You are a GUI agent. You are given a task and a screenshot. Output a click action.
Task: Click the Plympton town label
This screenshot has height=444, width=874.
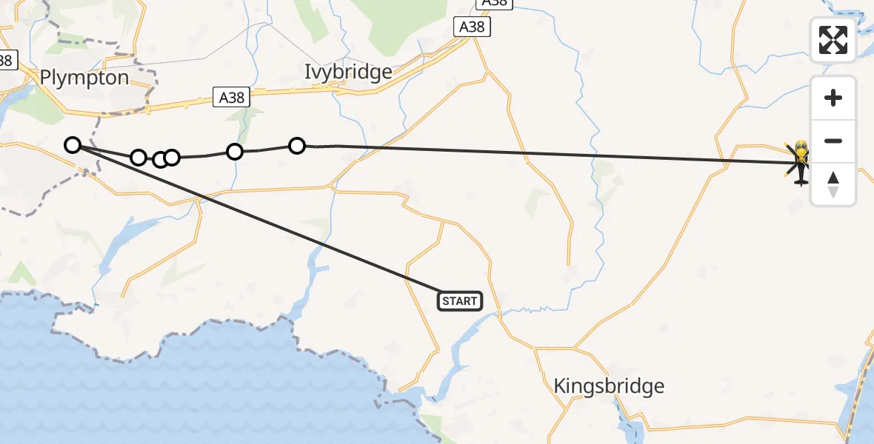84,78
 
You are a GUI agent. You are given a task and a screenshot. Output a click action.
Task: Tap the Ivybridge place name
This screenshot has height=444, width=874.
348,72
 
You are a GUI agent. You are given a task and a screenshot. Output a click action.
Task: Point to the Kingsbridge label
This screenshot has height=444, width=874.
609,386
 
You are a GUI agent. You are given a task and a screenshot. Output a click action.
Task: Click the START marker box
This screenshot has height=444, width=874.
460,301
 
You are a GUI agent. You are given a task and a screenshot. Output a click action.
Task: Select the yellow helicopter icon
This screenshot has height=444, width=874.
801,161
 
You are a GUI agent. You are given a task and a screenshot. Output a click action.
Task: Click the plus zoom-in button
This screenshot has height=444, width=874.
833,98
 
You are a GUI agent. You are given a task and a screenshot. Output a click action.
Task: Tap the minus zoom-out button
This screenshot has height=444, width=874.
833,141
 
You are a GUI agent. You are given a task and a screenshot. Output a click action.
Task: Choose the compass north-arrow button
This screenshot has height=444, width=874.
833,184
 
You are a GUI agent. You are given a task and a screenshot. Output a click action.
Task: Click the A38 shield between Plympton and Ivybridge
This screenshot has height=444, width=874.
232,97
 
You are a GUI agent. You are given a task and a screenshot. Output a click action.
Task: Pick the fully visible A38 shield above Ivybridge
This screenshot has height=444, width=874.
472,27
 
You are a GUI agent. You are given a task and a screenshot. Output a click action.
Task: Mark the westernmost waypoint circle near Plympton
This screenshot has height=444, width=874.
72,145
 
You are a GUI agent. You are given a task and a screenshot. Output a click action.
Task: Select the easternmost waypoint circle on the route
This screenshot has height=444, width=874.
296,146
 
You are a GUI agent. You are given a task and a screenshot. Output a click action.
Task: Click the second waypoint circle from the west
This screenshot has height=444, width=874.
138,158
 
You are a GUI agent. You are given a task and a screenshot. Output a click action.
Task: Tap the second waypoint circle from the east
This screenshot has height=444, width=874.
234,152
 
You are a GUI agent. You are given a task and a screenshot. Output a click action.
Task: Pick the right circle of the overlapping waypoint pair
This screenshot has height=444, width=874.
172,157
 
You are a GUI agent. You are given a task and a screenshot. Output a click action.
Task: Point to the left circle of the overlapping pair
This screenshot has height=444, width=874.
159,159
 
